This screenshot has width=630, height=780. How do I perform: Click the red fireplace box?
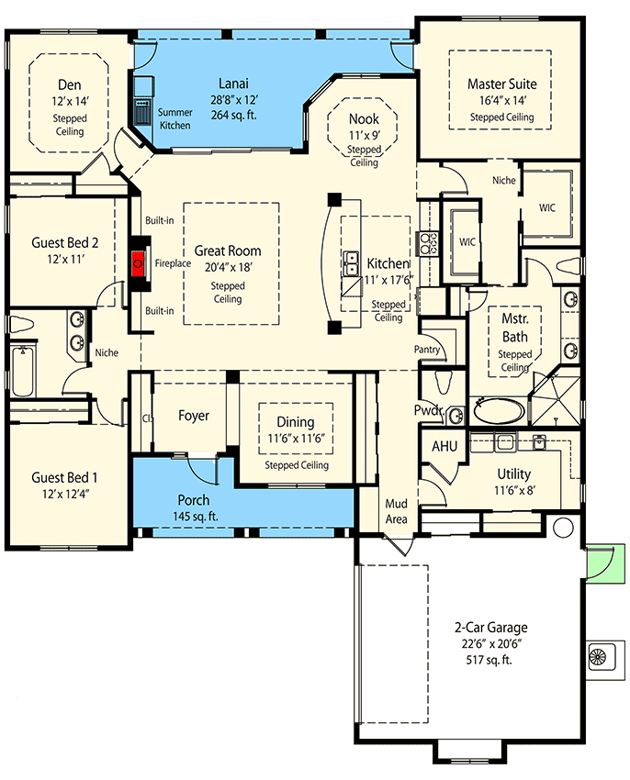coord(139,263)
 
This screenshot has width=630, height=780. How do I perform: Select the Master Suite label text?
coord(501,84)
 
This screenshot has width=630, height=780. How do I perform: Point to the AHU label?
coord(445,445)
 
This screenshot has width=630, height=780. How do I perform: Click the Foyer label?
coord(193,416)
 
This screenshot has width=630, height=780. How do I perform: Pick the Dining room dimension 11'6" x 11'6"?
coord(296,438)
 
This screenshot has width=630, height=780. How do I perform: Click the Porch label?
coord(193,500)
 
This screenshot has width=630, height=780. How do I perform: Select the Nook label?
coord(364,119)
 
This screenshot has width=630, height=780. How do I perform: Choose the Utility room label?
coord(514,474)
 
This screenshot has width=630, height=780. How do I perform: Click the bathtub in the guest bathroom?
coord(19,370)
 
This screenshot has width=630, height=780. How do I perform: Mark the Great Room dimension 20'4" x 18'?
coord(227,267)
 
